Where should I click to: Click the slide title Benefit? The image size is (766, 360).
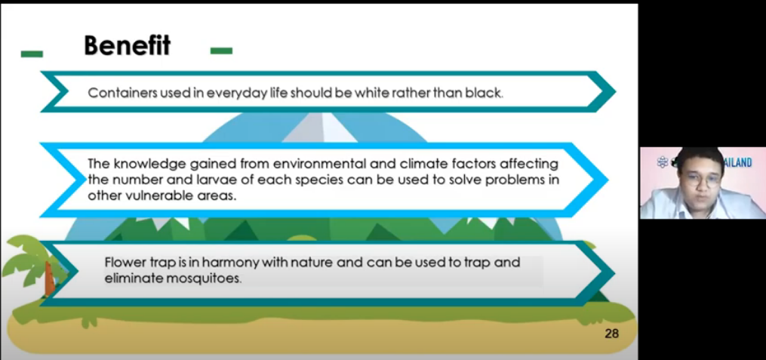pyautogui.click(x=127, y=46)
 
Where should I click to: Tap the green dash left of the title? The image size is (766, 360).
pyautogui.click(x=32, y=54)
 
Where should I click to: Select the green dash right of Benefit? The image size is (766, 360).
pyautogui.click(x=221, y=51)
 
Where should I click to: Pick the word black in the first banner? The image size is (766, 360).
pyautogui.click(x=487, y=93)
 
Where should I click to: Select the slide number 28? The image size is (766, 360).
pyautogui.click(x=611, y=334)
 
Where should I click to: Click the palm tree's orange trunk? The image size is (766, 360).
pyautogui.click(x=49, y=279)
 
